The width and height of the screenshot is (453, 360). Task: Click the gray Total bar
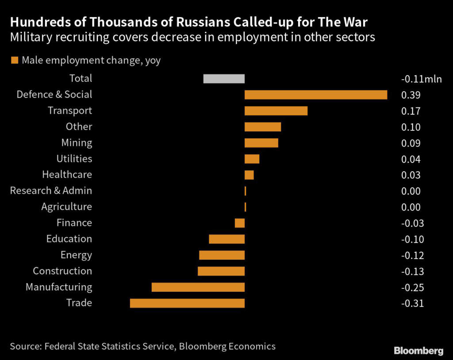pos(224,79)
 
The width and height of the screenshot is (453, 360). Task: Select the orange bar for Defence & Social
pos(316,95)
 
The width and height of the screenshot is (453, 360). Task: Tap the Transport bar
pos(276,111)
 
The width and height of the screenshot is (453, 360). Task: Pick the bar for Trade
pos(187,303)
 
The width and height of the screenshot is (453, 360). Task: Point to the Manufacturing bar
pos(198,287)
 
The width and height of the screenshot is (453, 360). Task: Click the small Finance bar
pos(240,223)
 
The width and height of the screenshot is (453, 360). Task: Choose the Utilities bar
pos(252,159)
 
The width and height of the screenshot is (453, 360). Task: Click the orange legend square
pos(15,60)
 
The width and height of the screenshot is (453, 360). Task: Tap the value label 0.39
pos(411,95)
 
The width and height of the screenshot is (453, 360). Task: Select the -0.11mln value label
pos(421,79)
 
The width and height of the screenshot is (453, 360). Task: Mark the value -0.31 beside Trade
pos(412,304)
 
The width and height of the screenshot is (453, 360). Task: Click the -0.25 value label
pos(412,288)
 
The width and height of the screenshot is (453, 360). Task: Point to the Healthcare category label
pos(67,175)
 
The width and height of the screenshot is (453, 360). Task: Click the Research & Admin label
pos(51,191)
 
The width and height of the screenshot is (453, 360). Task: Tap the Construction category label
pos(62,271)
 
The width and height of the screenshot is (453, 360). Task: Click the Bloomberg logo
pos(418,351)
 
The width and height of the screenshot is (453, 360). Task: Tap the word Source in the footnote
pos(25,346)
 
